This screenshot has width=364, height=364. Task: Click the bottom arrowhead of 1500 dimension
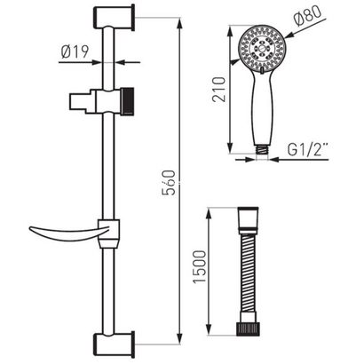[x=210, y=341]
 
